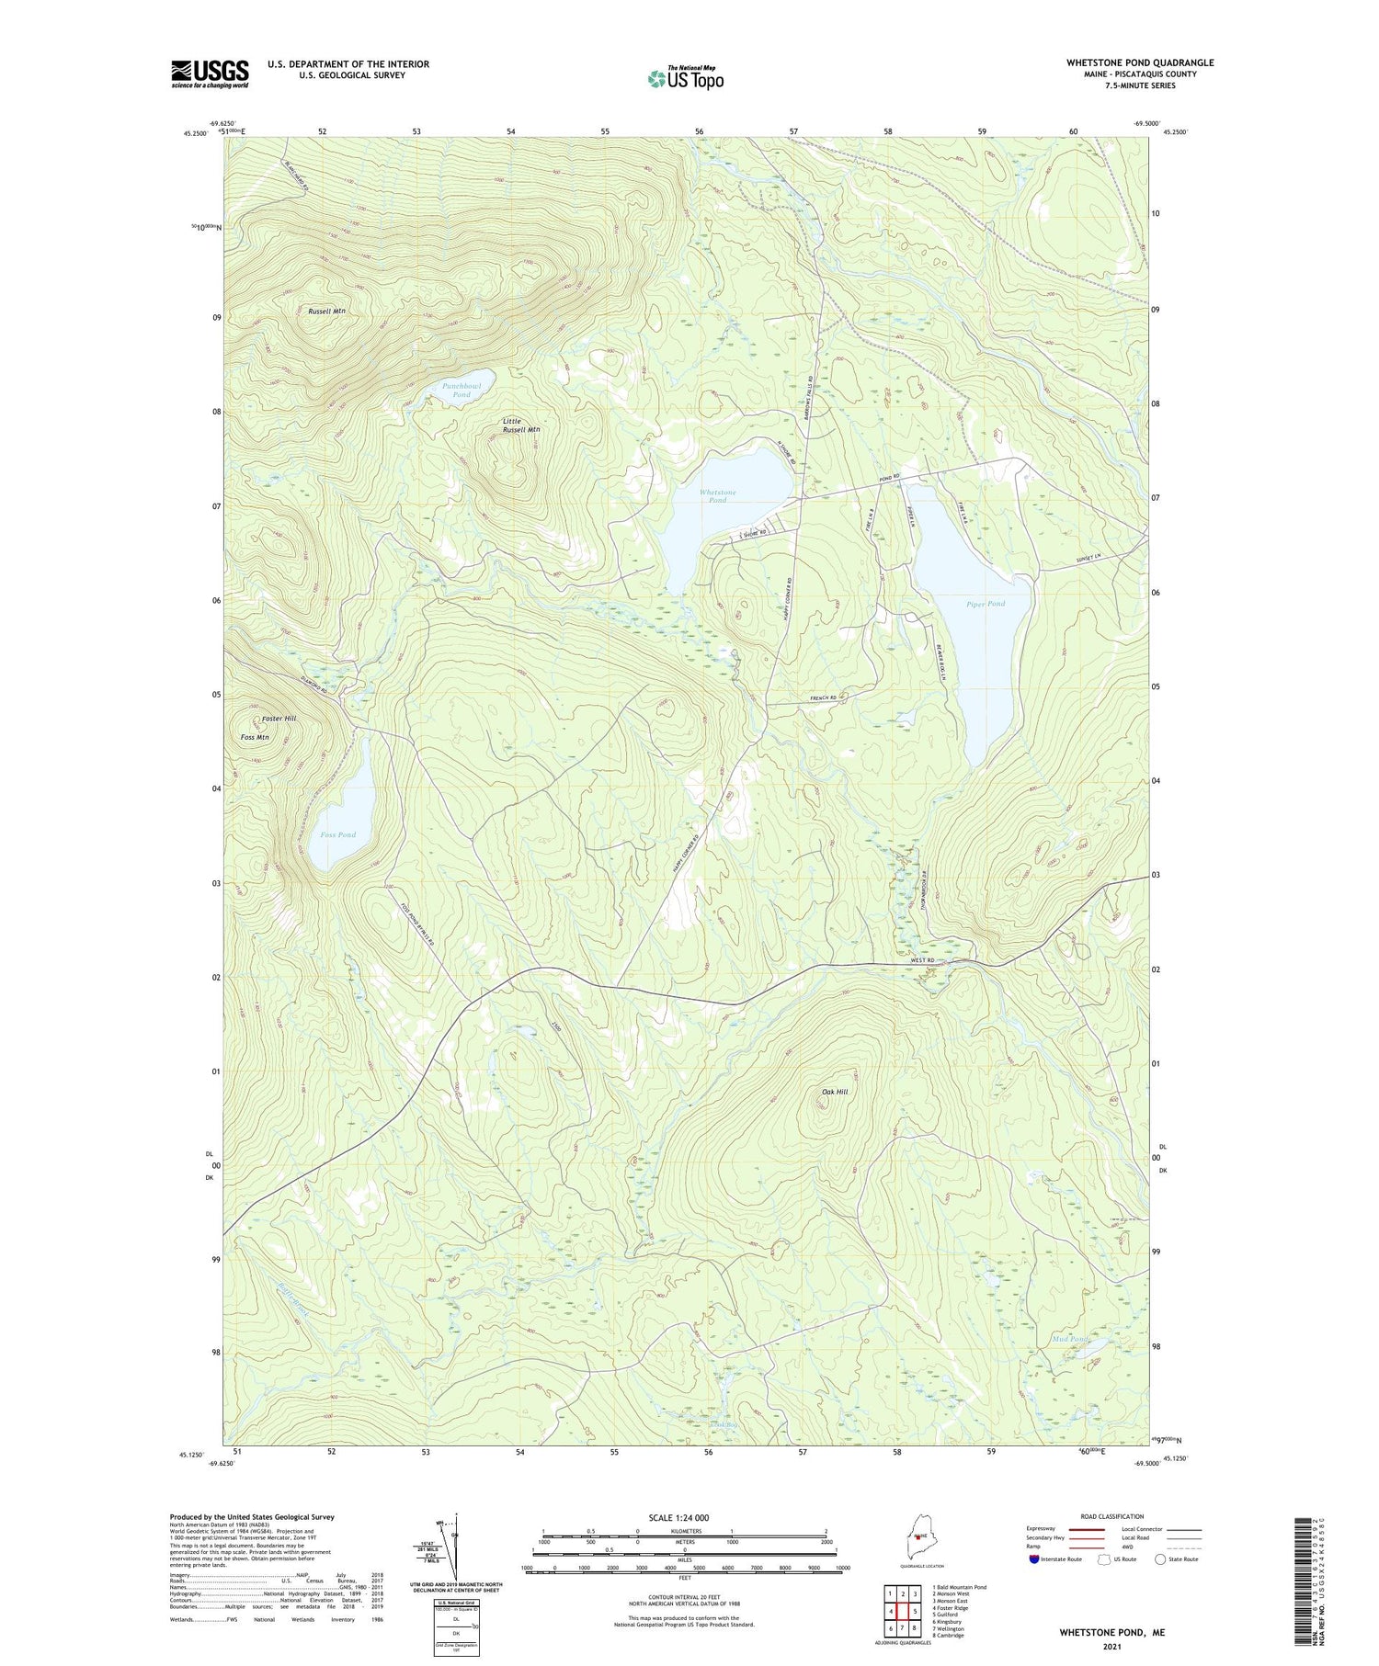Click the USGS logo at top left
point(210,74)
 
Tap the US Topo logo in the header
point(685,78)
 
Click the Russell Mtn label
point(326,312)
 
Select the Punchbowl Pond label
point(462,390)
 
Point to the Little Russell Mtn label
point(520,425)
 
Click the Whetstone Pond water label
point(717,496)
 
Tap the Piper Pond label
point(986,604)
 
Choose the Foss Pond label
point(337,834)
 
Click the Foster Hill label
point(279,718)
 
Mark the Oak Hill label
point(835,1092)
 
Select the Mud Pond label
point(1070,1339)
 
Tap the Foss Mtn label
point(255,737)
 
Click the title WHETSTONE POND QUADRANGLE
point(1140,62)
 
